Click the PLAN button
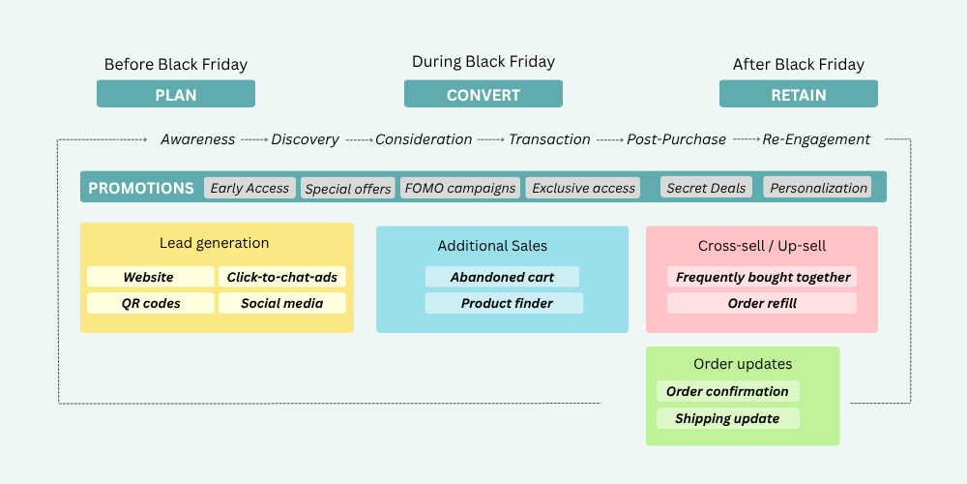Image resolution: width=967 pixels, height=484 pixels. click(x=176, y=94)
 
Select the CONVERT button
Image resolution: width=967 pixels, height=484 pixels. click(x=483, y=94)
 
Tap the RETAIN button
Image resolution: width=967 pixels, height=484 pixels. click(x=799, y=94)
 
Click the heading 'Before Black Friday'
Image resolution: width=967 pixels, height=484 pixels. click(x=176, y=64)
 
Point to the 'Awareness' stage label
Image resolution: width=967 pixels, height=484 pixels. click(x=198, y=139)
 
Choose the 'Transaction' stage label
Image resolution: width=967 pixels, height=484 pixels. click(x=549, y=139)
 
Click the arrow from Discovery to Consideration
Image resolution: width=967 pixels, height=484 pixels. click(x=360, y=140)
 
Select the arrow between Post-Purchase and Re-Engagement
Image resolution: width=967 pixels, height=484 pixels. click(x=747, y=140)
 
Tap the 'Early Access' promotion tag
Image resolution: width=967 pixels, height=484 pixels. click(x=249, y=188)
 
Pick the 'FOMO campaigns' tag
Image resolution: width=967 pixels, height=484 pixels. click(x=460, y=188)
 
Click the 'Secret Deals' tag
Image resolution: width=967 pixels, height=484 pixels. click(x=706, y=188)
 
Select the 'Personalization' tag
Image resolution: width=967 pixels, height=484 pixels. click(x=818, y=188)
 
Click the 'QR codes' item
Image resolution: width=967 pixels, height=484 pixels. click(x=151, y=303)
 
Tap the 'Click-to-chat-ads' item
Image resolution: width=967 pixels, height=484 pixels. click(x=281, y=277)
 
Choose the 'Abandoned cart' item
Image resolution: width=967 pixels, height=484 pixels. click(x=502, y=277)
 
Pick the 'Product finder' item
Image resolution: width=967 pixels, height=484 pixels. click(x=504, y=303)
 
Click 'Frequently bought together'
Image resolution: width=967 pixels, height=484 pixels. click(x=762, y=277)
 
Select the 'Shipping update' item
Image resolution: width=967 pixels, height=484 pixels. click(x=728, y=418)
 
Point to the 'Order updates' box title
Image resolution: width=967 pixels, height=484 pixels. click(x=743, y=364)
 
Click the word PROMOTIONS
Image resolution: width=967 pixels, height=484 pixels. click(x=141, y=189)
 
